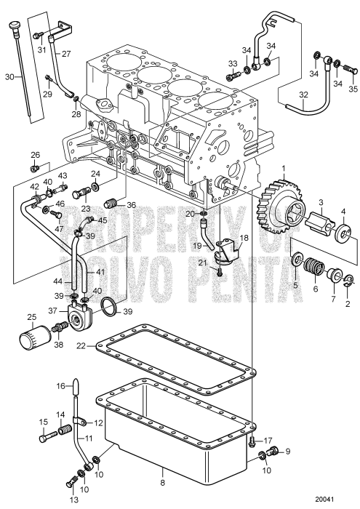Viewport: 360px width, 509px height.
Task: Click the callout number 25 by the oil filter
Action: [x=31, y=316]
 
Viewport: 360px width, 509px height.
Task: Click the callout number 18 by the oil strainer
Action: [x=244, y=238]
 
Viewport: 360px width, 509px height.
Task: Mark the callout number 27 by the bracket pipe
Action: [x=65, y=54]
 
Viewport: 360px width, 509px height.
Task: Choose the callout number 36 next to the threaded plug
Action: [x=131, y=204]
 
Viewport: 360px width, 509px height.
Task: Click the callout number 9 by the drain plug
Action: [x=287, y=451]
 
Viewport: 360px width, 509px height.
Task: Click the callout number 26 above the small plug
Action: [x=35, y=155]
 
